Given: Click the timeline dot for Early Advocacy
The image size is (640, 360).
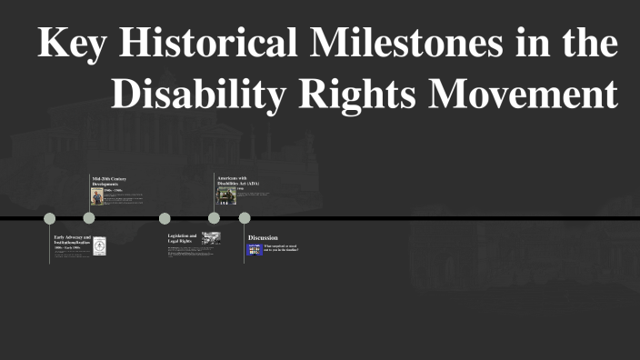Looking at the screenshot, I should point(50,218).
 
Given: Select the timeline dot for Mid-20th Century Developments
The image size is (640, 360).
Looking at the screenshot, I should point(89,218).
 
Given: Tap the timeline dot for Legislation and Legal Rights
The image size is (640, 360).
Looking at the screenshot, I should point(165,218).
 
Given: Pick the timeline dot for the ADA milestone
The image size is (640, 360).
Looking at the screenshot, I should point(214,218).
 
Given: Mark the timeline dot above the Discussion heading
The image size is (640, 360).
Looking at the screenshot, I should point(245,218).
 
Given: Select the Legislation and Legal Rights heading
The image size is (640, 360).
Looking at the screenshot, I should point(182,238).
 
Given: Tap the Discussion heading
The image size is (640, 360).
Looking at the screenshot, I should point(263,237).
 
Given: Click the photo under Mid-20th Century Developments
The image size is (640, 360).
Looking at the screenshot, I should point(96,196).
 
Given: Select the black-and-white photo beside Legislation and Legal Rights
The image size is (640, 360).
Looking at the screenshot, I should point(211,238).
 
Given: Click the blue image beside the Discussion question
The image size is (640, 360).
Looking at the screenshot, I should point(255,249).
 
